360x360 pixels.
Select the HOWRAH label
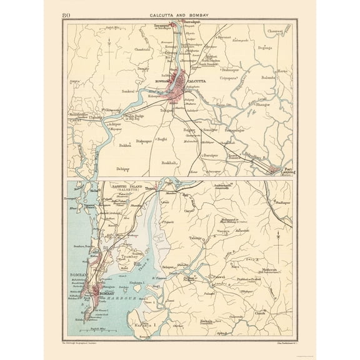(163, 81)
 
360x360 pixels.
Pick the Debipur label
(123, 169)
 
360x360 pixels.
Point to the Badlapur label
(282, 203)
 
